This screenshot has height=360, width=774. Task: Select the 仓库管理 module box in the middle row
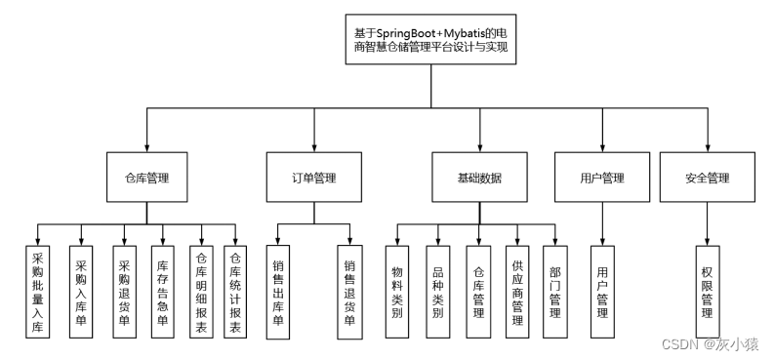click(x=146, y=178)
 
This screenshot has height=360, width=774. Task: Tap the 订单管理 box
click(x=313, y=178)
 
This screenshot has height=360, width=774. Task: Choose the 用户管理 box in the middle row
click(x=601, y=178)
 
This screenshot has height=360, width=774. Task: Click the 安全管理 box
click(x=708, y=178)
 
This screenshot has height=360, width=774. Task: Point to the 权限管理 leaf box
click(x=708, y=290)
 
